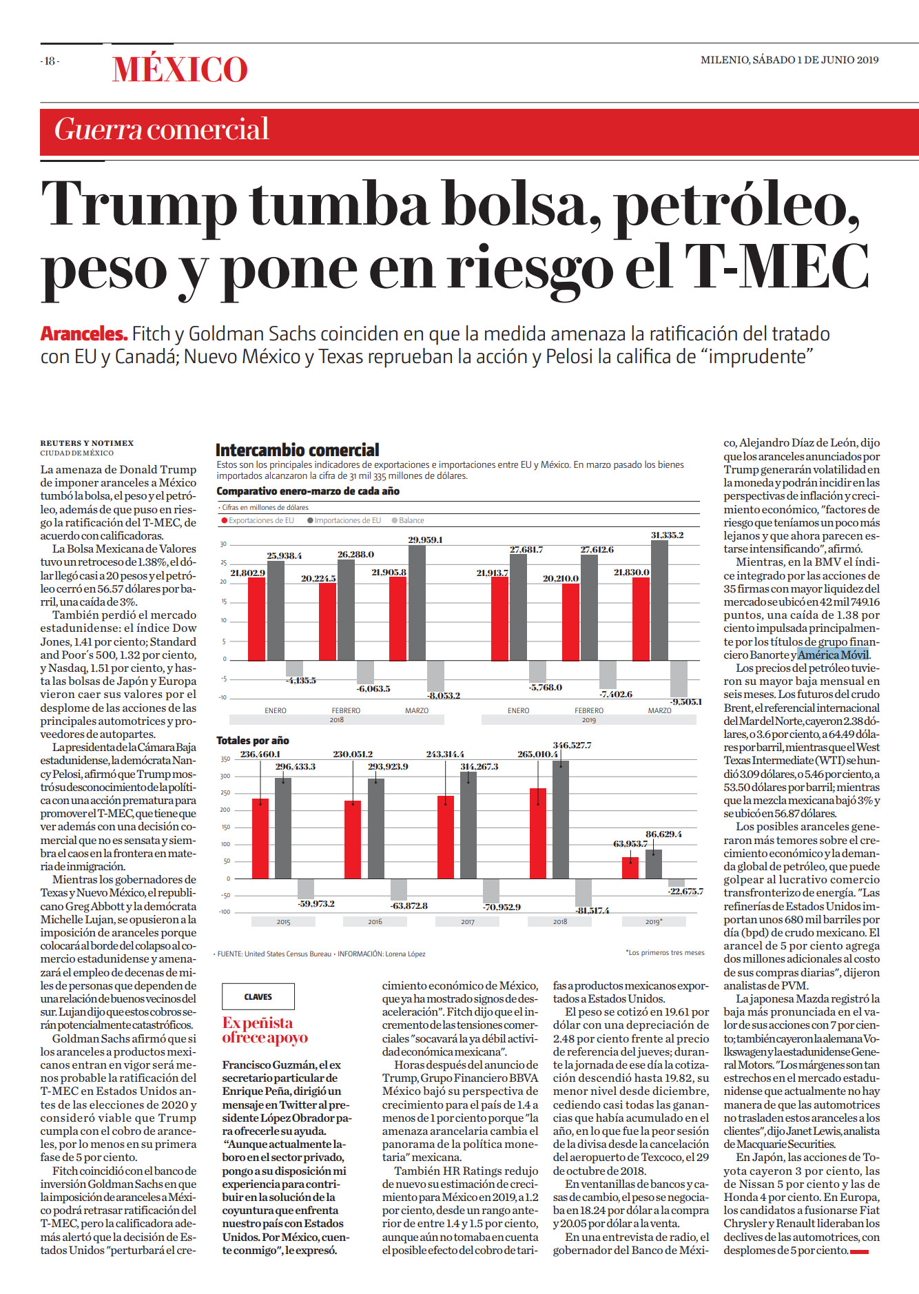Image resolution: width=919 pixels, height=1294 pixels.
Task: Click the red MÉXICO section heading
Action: (180, 70)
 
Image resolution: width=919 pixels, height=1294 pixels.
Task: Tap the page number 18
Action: (50, 61)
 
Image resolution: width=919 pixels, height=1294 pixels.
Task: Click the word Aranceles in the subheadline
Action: (84, 333)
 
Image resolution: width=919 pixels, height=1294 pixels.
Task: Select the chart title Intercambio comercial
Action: (297, 450)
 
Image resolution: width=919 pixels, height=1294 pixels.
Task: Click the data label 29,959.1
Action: (425, 540)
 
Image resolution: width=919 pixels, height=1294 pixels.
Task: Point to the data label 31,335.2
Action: (668, 535)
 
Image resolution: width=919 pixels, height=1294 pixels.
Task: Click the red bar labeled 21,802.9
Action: (256, 618)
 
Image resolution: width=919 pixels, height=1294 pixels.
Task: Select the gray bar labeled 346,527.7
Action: (561, 819)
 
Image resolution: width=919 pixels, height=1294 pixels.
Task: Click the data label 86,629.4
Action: (663, 834)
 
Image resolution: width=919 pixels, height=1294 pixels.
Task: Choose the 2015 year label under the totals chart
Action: (283, 921)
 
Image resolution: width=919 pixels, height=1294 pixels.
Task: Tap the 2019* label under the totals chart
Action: (654, 921)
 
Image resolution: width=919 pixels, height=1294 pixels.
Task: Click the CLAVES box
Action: (258, 996)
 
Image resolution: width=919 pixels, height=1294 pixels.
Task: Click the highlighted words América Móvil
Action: (833, 655)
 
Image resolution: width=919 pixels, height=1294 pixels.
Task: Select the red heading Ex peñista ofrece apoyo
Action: (265, 1030)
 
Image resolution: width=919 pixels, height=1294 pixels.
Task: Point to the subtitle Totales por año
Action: (253, 740)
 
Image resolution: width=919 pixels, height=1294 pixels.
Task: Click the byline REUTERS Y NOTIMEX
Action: (87, 443)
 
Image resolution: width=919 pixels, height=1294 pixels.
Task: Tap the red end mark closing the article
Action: (859, 1251)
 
